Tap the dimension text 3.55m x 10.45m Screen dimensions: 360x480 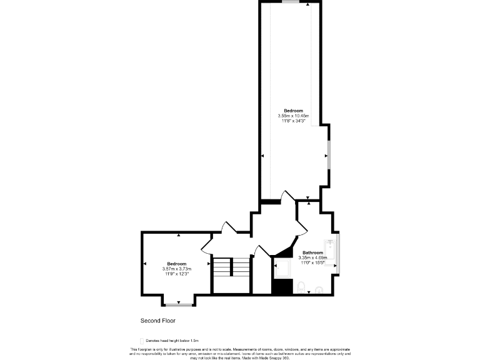[x=293, y=116]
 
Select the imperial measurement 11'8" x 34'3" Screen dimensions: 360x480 [x=293, y=121]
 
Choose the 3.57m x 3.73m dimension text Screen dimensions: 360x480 [x=177, y=269]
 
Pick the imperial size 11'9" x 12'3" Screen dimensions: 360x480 [x=177, y=274]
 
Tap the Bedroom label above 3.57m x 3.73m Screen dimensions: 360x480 [x=177, y=264]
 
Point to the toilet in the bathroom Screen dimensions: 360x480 [x=301, y=288]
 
